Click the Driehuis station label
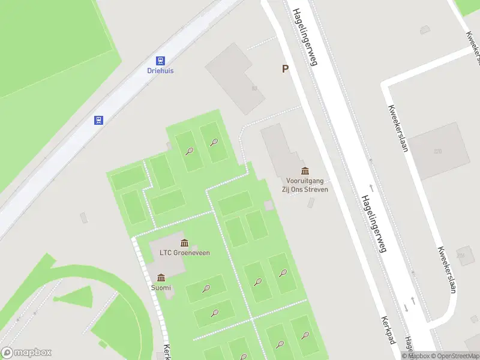pyautogui.click(x=160, y=70)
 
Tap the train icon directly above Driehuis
pyautogui.click(x=160, y=60)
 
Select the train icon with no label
pyautogui.click(x=98, y=120)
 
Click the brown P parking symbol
pyautogui.click(x=286, y=69)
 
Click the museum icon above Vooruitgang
pyautogui.click(x=305, y=172)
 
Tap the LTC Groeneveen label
pyautogui.click(x=184, y=253)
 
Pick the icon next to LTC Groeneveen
pyautogui.click(x=184, y=242)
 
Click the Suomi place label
pyautogui.click(x=161, y=287)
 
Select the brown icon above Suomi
pyautogui.click(x=161, y=277)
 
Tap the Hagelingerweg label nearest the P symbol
pyautogui.click(x=304, y=36)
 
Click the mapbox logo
pyautogui.click(x=26, y=353)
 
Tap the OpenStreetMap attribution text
pyautogui.click(x=454, y=356)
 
